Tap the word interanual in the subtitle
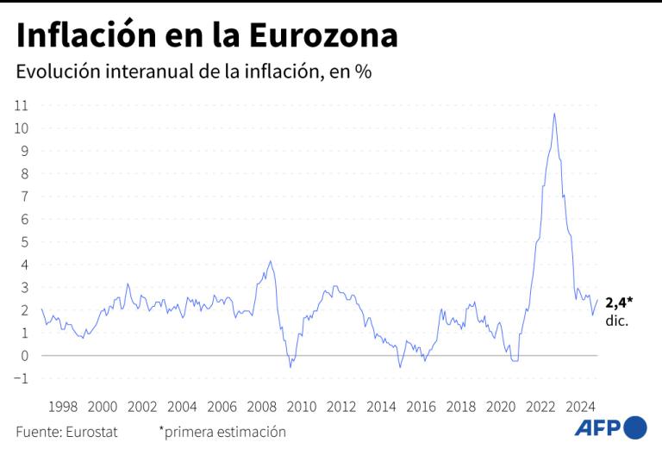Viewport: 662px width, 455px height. click(144, 72)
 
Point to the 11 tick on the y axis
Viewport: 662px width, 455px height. click(22, 105)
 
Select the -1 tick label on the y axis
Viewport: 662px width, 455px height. click(22, 378)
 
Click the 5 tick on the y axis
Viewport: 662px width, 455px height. click(25, 242)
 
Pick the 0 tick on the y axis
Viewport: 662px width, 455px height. click(25, 356)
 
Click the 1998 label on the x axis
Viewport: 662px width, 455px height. click(63, 406)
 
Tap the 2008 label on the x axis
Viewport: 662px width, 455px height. click(262, 406)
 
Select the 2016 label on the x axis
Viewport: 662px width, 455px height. click(421, 406)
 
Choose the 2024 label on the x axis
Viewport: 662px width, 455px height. click(580, 406)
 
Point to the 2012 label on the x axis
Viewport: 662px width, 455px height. click(341, 406)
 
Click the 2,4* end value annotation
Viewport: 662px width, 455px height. click(619, 302)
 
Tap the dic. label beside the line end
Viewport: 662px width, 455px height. click(617, 321)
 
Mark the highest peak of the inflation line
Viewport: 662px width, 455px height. click(554, 114)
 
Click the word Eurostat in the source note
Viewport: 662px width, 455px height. click(91, 432)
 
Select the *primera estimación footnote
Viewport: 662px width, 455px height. click(222, 432)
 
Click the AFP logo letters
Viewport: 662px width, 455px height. click(596, 427)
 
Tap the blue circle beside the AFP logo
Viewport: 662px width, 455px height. click(635, 427)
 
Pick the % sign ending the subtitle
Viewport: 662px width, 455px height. click(363, 72)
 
